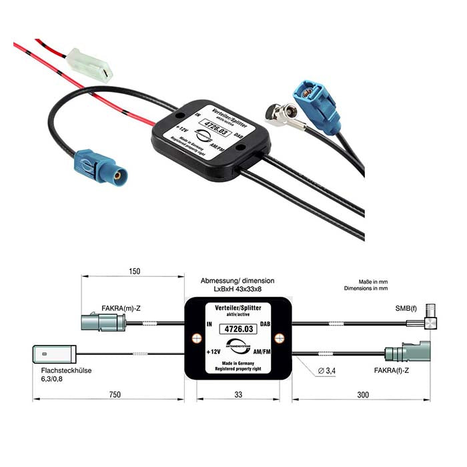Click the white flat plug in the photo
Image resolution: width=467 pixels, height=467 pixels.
[x=89, y=65]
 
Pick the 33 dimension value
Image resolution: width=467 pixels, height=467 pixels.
[x=238, y=395]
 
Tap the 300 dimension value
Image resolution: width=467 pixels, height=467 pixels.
[x=362, y=395]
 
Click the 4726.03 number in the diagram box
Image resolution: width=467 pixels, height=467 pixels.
[x=238, y=329]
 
